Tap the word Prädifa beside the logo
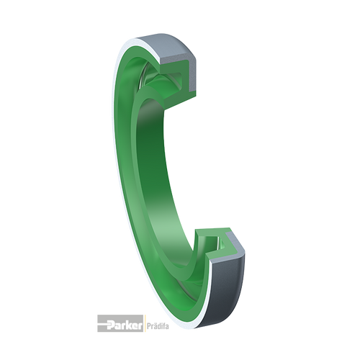157,326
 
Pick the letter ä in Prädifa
154,326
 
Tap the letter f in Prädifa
163,326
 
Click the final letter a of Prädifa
167,327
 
